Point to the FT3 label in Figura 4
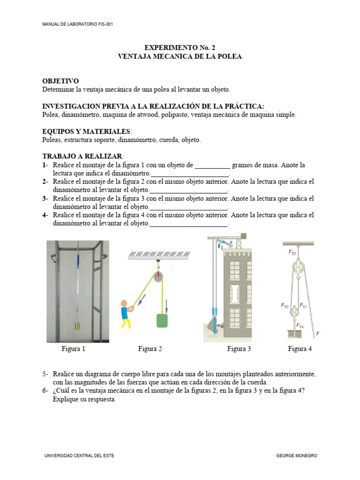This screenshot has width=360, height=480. tap(292, 252)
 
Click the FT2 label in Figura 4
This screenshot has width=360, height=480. tap(285, 306)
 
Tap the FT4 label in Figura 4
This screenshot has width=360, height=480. tap(300, 325)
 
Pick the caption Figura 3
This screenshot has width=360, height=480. tap(239, 349)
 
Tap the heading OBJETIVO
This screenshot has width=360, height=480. tap(60, 81)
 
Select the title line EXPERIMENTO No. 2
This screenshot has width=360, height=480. tap(180, 48)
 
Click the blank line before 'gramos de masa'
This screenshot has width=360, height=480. tap(212, 165)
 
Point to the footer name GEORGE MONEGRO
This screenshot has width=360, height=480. tap(297, 456)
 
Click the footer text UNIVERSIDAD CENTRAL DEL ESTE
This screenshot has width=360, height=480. tap(79, 456)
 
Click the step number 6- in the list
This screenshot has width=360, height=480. tap(45, 391)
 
